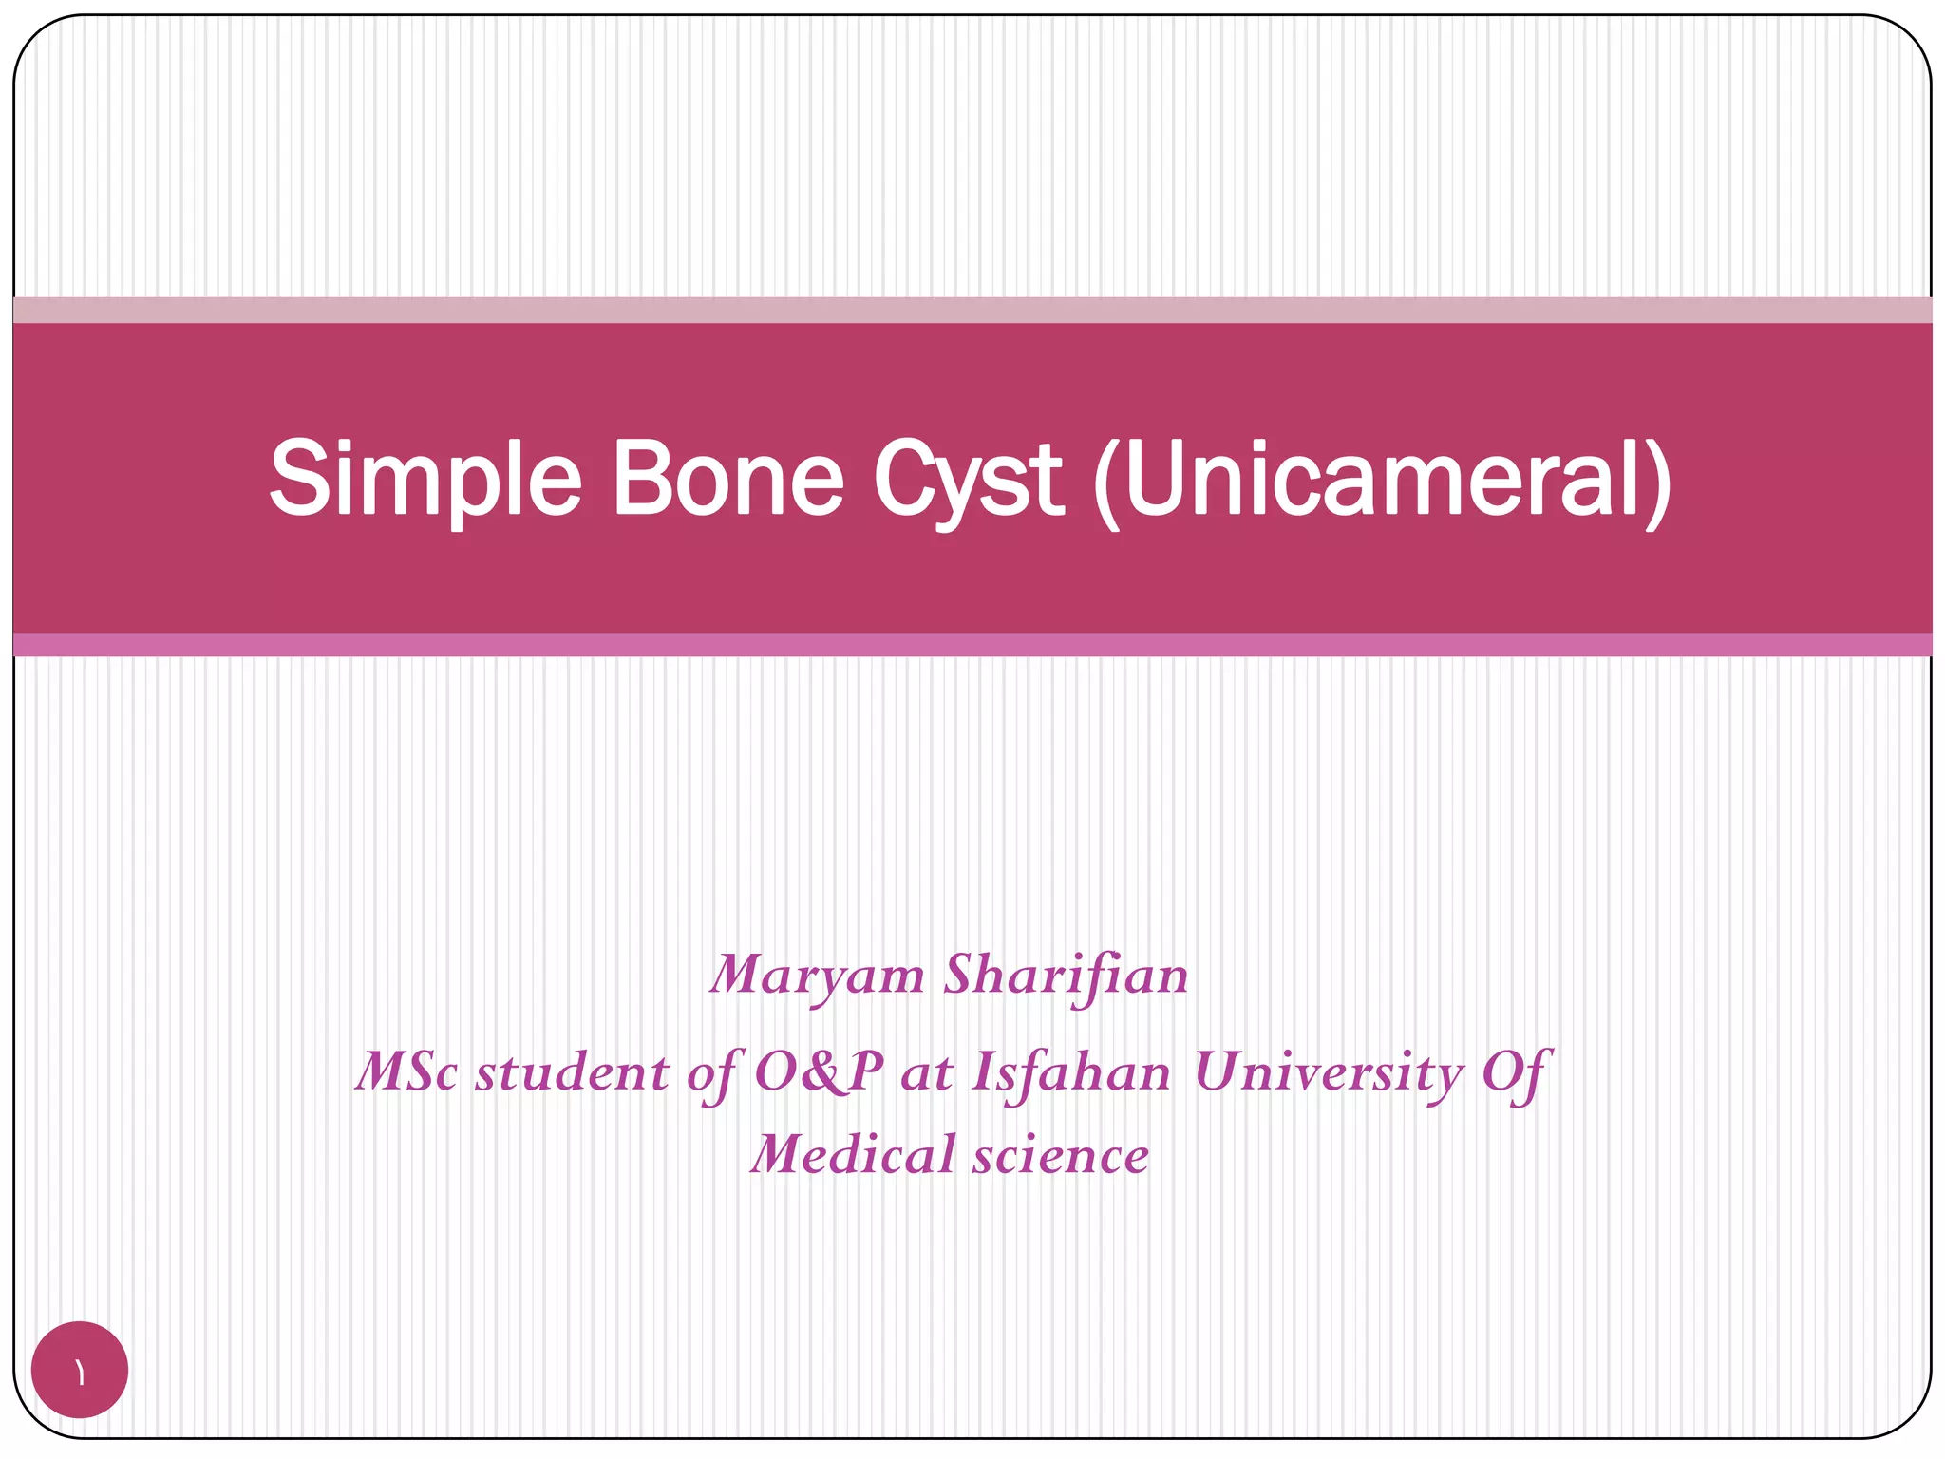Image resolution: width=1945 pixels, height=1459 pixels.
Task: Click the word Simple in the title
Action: tap(425, 480)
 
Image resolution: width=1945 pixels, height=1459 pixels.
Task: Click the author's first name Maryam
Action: tap(817, 976)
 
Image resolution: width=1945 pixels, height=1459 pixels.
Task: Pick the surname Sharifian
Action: tap(1066, 976)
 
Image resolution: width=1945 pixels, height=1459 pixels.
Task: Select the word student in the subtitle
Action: tap(572, 1072)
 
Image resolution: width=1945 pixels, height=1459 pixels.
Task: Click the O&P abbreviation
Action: tap(819, 1072)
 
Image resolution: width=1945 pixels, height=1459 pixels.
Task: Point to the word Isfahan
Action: tap(1071, 1072)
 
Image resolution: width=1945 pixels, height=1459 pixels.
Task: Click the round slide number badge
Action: tap(80, 1370)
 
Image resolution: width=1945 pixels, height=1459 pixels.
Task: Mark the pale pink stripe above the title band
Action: tap(972, 310)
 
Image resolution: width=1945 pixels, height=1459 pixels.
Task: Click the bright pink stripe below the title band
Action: tap(972, 645)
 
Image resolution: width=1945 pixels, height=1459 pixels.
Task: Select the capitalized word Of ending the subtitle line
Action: tap(1516, 1072)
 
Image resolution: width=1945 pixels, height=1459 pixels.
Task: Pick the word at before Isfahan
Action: tap(927, 1072)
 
